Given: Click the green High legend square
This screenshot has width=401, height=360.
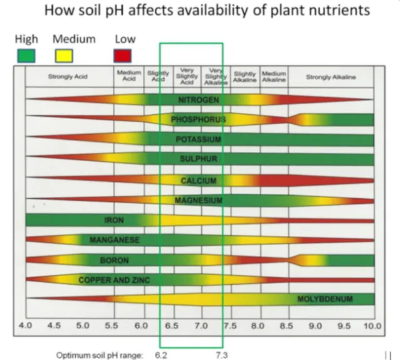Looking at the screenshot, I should pos(26,55).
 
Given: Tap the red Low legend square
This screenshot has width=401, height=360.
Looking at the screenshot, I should pos(122,55).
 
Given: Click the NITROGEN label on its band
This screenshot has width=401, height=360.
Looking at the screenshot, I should pos(198,100).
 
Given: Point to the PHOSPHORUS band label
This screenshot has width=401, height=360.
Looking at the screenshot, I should pos(198,119).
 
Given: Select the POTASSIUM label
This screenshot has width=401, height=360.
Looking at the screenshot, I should pos(198,139).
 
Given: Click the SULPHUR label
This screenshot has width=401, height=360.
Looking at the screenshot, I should pos(198,159).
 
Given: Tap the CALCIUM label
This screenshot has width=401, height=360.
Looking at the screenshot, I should pos(199,181).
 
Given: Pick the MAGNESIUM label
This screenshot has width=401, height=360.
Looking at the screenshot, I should pos(199,201).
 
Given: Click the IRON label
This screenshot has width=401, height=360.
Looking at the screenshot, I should pos(113,220).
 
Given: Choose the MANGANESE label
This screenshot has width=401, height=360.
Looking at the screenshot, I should pos(114,240).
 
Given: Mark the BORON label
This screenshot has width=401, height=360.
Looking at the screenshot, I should pos(114,260).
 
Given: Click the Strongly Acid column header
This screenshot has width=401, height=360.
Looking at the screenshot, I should pos(68,77).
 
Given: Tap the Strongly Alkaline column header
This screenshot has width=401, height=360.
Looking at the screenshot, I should pos(330,77).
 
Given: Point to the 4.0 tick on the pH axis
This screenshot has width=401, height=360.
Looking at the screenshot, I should pos(26,326).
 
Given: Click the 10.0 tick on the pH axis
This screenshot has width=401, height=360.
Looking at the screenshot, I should pos(373,326).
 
